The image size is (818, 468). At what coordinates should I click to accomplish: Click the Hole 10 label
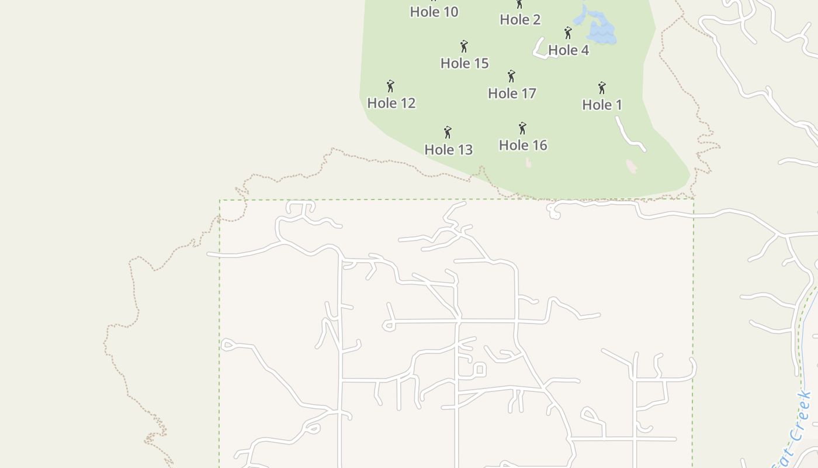tap(434, 12)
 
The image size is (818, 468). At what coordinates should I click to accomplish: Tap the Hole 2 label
tap(520, 19)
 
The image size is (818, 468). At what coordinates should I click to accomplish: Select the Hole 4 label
tap(569, 50)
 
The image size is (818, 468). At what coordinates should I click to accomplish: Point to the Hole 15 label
tap(465, 63)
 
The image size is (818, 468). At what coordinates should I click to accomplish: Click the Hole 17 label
tap(512, 94)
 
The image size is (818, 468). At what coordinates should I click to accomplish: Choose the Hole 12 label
tap(391, 103)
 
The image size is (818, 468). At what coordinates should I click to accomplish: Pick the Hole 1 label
tap(602, 105)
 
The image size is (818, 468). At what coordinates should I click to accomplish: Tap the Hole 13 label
tap(448, 150)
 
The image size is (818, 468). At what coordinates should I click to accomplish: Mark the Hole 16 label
tap(523, 145)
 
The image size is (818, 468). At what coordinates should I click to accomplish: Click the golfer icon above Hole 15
tap(464, 46)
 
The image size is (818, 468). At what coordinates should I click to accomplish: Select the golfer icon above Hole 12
tap(390, 87)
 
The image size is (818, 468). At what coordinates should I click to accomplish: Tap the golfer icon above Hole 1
tap(602, 88)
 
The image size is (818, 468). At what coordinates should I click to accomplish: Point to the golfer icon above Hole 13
tap(448, 132)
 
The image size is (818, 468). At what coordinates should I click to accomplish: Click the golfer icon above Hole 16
tap(522, 128)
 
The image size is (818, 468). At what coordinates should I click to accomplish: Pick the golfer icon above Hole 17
tap(511, 77)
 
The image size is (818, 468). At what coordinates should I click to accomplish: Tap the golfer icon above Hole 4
tap(568, 33)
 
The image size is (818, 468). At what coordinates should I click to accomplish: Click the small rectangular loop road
tap(480, 369)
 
